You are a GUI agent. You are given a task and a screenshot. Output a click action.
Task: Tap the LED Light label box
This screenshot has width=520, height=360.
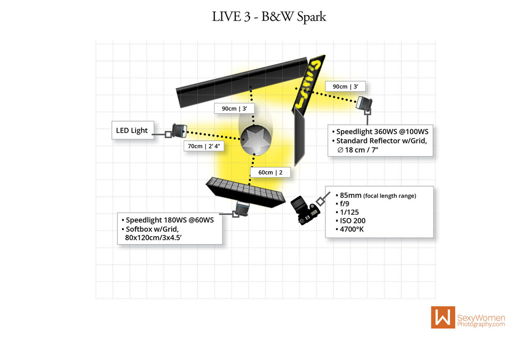pyautogui.click(x=132, y=130)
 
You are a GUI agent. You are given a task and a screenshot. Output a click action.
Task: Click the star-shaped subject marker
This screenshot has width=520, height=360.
pyautogui.click(x=255, y=140)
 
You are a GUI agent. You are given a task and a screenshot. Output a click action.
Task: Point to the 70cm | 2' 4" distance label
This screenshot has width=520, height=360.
pyautogui.click(x=204, y=146)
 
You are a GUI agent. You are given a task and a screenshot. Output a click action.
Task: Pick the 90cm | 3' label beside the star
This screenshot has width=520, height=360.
pyautogui.click(x=232, y=109)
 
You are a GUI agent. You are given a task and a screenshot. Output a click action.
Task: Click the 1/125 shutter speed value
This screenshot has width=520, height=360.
pyautogui.click(x=349, y=213)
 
